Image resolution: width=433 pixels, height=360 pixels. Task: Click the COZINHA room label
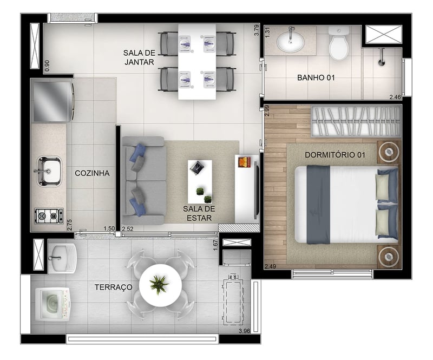tap(92, 173)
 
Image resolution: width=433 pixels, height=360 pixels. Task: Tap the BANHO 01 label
tap(316, 77)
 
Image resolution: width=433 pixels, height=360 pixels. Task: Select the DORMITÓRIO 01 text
tap(335, 155)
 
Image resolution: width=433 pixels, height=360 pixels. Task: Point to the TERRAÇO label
tap(114, 287)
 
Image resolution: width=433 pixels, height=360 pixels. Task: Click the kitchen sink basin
tap(49, 171)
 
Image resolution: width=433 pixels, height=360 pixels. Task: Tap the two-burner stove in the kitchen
tap(49, 216)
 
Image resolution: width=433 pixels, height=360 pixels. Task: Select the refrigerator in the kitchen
tap(53, 102)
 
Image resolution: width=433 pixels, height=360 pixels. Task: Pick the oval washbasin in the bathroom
tap(291, 42)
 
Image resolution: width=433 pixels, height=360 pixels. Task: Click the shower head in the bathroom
tap(382, 57)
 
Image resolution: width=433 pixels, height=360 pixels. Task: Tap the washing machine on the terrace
tap(53, 304)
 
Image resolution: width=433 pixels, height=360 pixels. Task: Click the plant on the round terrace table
tap(159, 285)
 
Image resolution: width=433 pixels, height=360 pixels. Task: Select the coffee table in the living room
tap(200, 181)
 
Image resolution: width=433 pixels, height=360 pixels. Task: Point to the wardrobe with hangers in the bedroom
tap(356, 121)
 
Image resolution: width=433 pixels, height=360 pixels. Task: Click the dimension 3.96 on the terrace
tap(245, 331)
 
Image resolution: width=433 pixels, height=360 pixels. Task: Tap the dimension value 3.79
tap(257, 30)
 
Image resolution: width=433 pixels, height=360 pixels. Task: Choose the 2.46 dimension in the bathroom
tap(395, 97)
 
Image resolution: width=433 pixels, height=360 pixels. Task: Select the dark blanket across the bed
tap(318, 205)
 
